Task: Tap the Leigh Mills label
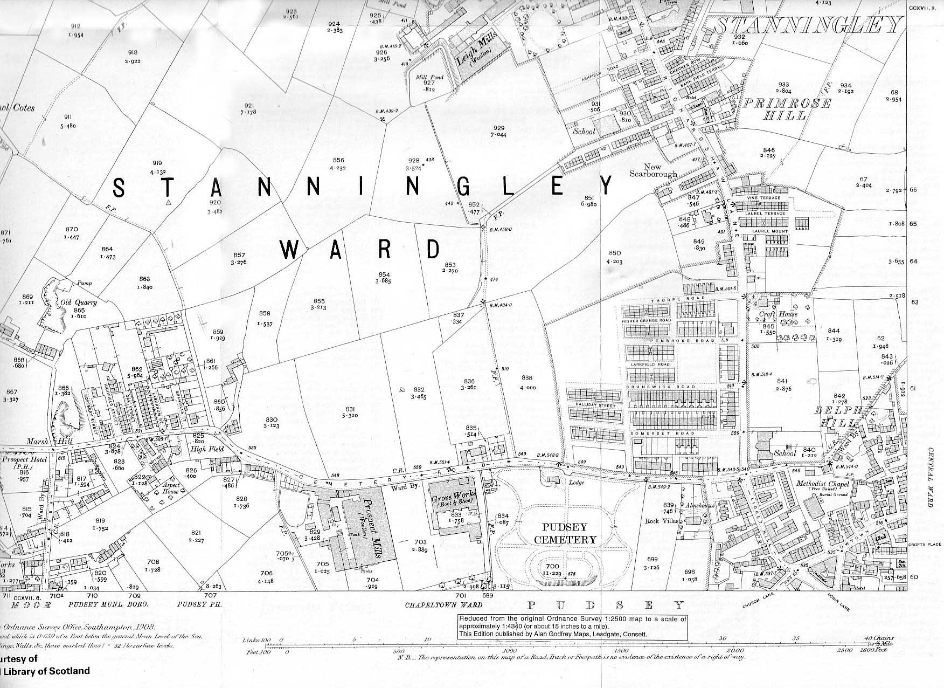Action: pyautogui.click(x=476, y=51)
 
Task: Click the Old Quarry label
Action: pyautogui.click(x=73, y=302)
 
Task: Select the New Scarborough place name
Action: pyautogui.click(x=653, y=170)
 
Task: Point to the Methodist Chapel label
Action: pyautogui.click(x=823, y=484)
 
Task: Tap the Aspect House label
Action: pyautogui.click(x=170, y=489)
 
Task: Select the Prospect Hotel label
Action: pyautogui.click(x=26, y=459)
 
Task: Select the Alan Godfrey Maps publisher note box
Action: pyautogui.click(x=572, y=627)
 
